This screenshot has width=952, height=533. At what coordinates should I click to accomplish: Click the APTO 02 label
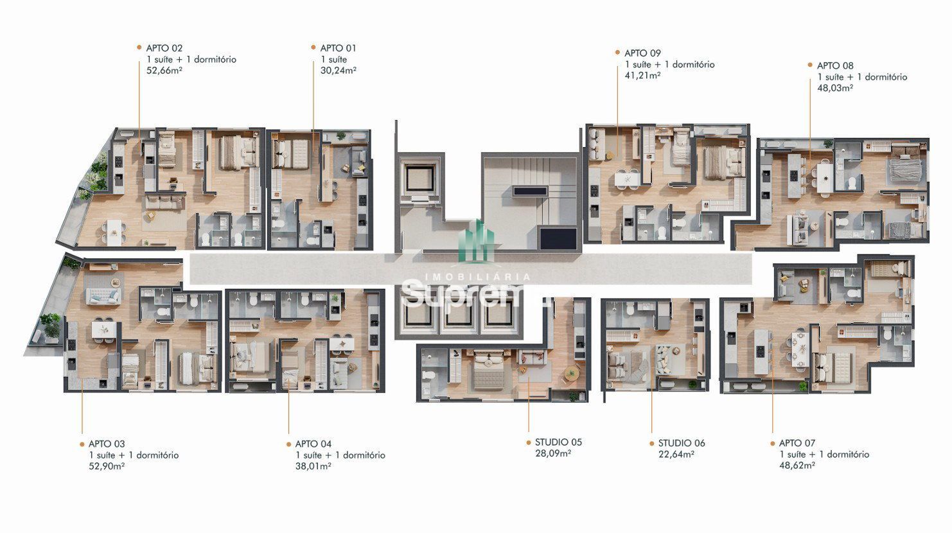click(164, 48)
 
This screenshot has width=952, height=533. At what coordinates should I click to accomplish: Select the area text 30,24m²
click(339, 71)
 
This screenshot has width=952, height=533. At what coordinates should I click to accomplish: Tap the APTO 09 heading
click(642, 53)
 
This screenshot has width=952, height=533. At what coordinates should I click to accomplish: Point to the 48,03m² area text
click(836, 88)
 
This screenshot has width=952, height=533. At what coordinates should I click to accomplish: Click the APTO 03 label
click(107, 444)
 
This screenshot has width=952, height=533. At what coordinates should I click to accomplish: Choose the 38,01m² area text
click(313, 466)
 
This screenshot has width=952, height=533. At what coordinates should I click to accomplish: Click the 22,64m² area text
click(676, 454)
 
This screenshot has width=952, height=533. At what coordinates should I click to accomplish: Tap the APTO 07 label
click(797, 443)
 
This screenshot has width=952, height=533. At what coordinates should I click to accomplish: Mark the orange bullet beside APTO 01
click(313, 48)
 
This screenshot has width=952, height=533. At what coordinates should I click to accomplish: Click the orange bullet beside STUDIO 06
click(651, 443)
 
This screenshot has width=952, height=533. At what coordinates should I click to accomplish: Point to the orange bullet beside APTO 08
click(810, 65)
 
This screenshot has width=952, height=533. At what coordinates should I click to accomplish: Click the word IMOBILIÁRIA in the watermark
click(478, 277)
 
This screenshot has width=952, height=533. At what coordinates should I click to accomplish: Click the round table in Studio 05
click(571, 373)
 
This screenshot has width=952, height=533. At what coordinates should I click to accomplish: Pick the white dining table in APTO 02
click(114, 232)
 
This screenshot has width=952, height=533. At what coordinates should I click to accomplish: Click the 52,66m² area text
click(164, 71)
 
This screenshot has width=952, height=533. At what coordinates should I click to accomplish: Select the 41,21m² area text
click(642, 76)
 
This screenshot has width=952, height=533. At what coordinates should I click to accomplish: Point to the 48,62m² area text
click(797, 466)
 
